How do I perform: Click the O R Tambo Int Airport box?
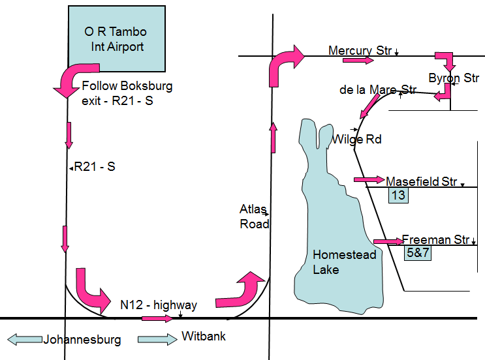116,39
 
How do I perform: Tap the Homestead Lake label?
335,262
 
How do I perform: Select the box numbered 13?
398,195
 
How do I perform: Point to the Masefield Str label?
422,182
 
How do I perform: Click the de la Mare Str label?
378,89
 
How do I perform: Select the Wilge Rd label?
356,139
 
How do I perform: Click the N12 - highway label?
159,305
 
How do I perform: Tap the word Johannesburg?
82,340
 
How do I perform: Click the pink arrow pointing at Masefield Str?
369,179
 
